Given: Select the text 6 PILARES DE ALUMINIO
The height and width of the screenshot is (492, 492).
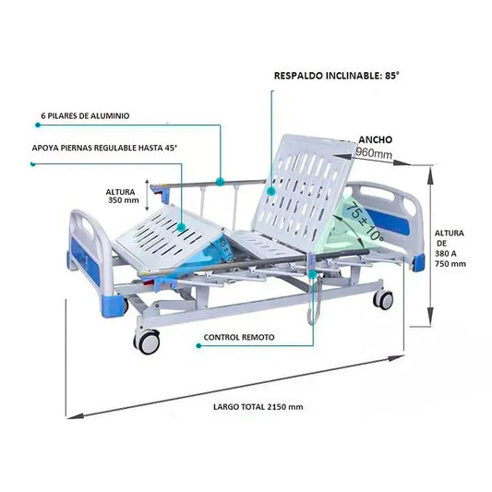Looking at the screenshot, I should [x=85, y=117].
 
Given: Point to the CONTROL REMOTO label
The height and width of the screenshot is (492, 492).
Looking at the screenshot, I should [x=238, y=338].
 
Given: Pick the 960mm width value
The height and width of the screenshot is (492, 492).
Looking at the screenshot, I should [x=373, y=154].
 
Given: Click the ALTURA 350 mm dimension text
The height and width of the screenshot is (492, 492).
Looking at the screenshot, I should [x=123, y=195].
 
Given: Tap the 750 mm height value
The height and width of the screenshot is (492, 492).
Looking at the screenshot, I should [x=450, y=263].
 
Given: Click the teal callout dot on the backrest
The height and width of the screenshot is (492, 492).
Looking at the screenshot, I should [x=270, y=190].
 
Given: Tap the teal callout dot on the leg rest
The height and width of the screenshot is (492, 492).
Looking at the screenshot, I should [x=182, y=227].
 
